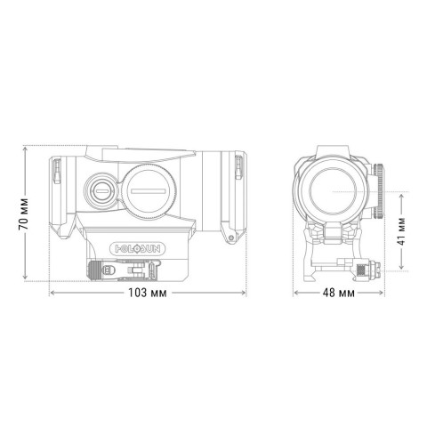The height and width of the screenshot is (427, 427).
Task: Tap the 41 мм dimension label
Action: pyautogui.click(x=402, y=230)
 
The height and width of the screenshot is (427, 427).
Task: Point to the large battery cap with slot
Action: pyautogui.click(x=147, y=189)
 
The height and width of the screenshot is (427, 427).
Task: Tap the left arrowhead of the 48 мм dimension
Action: pyautogui.click(x=295, y=294)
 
